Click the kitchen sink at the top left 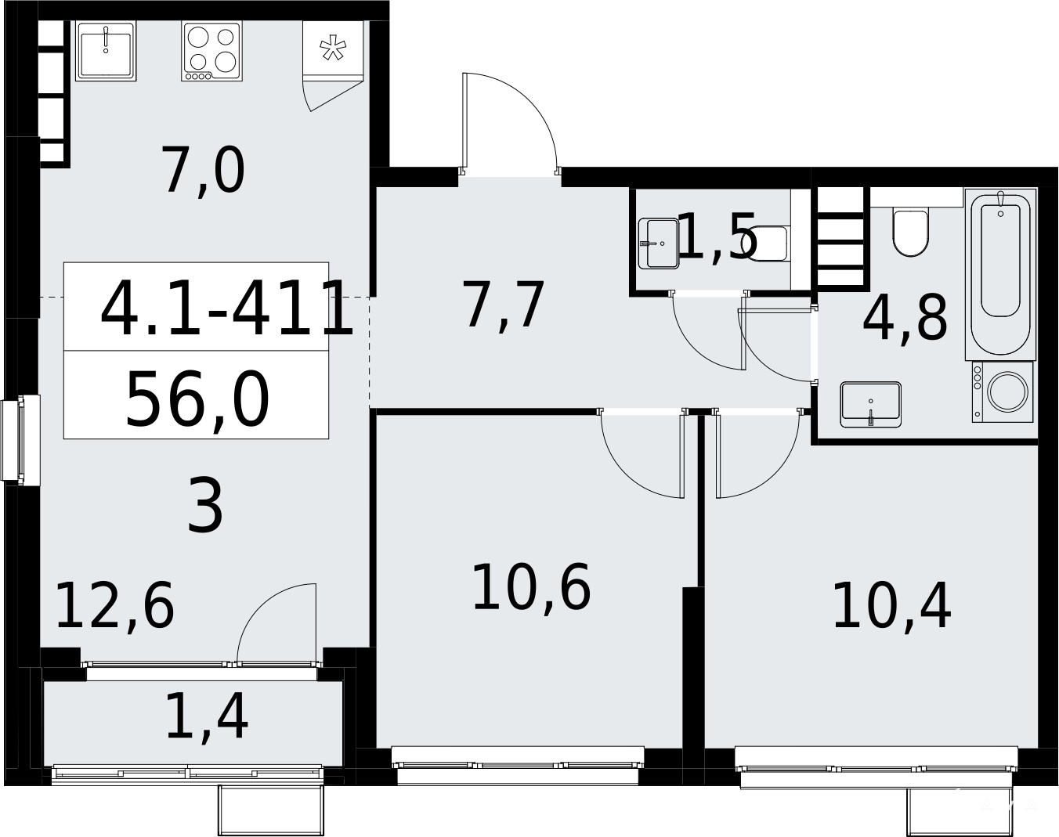click(x=106, y=51)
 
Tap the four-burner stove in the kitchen click(x=211, y=51)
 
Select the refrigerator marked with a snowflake click(x=333, y=49)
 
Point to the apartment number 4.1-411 click(x=226, y=308)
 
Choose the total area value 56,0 click(x=197, y=399)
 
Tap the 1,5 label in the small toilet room click(x=717, y=237)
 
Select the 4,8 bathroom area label click(x=905, y=317)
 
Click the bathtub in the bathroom click(x=1001, y=274)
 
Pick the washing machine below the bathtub click(x=1003, y=392)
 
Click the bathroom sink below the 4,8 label click(x=871, y=405)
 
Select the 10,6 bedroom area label click(x=531, y=586)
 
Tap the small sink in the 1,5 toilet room click(x=659, y=244)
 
